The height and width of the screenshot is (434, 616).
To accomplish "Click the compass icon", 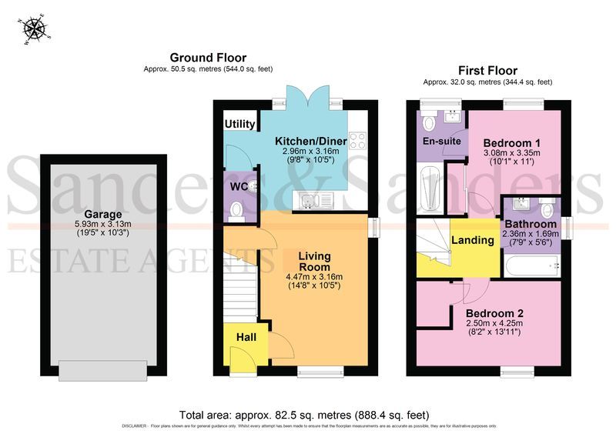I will [x=35, y=28].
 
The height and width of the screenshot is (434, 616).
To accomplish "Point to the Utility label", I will [x=240, y=125].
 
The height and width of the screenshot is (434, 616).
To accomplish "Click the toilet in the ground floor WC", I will [x=237, y=209].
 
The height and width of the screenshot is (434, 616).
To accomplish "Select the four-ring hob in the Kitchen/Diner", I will [x=357, y=141].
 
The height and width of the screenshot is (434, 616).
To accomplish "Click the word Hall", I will [x=246, y=336].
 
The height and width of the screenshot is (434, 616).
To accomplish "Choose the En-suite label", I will [x=442, y=142].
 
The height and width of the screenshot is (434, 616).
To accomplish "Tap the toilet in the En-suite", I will [x=429, y=122].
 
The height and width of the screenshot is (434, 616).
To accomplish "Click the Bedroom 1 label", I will [x=511, y=143].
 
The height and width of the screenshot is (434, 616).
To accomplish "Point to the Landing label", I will [x=472, y=240].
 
